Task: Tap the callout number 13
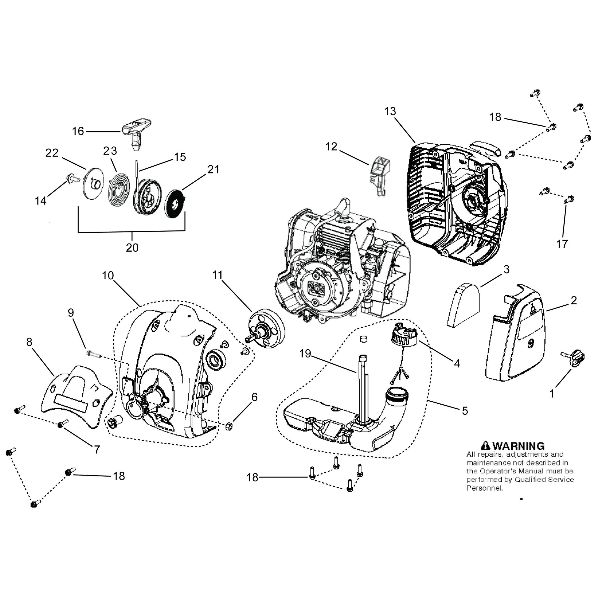pyautogui.click(x=390, y=111)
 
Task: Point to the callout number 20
pyautogui.click(x=132, y=247)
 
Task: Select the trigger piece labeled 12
pyautogui.click(x=381, y=176)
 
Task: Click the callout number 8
pyautogui.click(x=29, y=342)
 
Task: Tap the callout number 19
pyautogui.click(x=305, y=354)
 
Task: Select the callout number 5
pyautogui.click(x=465, y=411)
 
